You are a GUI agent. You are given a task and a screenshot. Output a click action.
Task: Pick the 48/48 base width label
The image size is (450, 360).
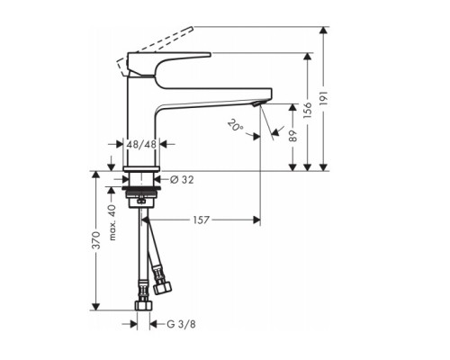pos(141,144)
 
